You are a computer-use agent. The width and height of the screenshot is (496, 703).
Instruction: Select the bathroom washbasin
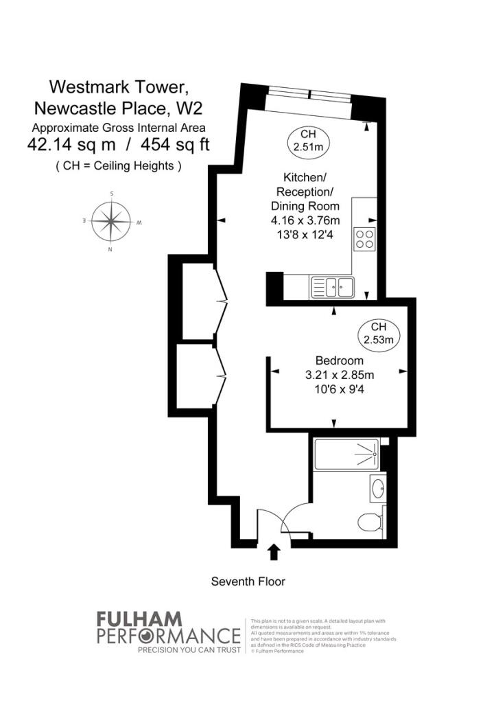pos(377,489)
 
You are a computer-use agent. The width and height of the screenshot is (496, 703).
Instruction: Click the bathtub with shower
pos(347,454)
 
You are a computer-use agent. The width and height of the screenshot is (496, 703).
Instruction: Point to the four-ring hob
pos(365,239)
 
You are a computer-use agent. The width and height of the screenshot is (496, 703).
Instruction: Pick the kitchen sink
pos(331,287)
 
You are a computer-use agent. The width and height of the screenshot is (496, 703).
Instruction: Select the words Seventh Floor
pos(248,581)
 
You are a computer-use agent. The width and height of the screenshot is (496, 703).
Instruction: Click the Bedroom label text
pos(339,360)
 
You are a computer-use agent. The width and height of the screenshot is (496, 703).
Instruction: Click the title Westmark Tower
pos(118,87)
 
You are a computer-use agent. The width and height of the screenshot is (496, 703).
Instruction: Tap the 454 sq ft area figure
pos(176,146)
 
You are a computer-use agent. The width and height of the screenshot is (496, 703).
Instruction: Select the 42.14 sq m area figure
pos(71,146)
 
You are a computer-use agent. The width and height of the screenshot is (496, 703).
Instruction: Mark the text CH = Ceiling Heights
pos(118,165)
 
